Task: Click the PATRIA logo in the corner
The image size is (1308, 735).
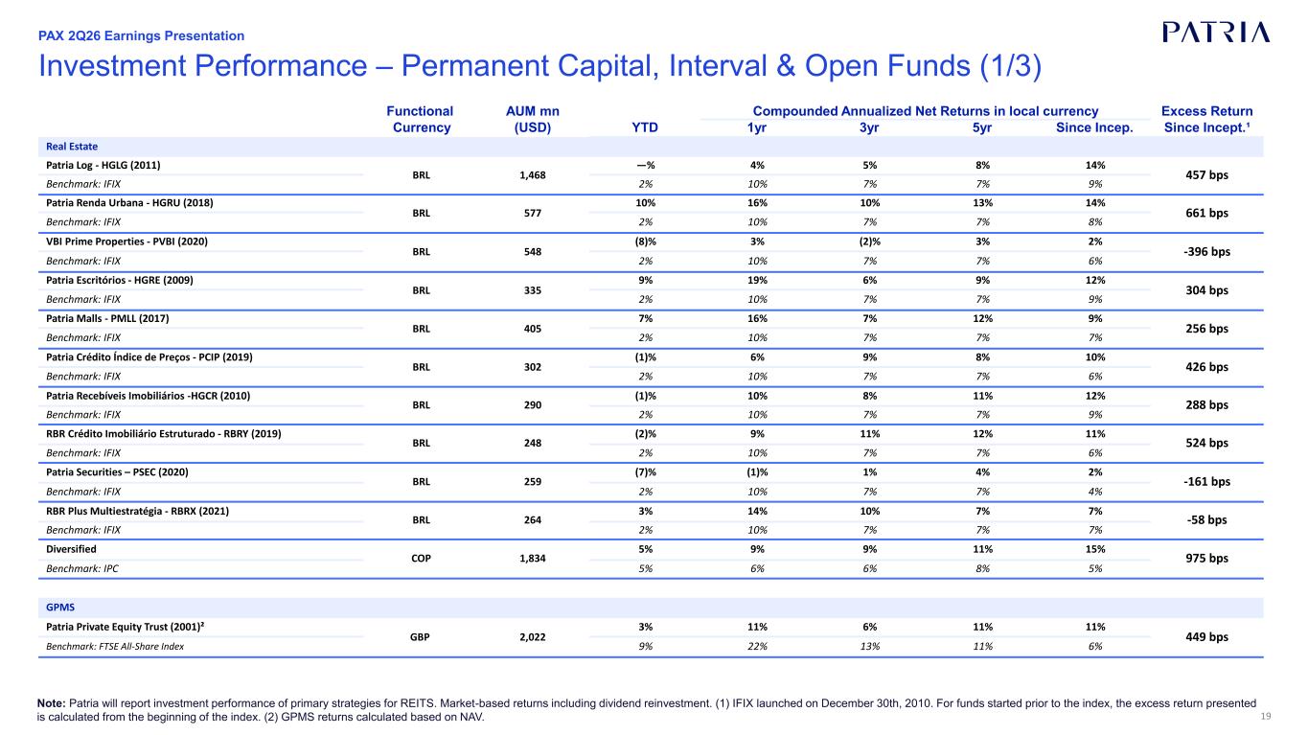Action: (1216, 33)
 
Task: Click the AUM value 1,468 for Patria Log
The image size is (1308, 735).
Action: (533, 175)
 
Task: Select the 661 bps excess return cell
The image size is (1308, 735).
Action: (1206, 213)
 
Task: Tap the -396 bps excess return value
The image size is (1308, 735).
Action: (1206, 252)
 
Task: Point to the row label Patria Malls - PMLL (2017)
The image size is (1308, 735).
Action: (107, 319)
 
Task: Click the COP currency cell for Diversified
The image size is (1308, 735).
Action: (421, 558)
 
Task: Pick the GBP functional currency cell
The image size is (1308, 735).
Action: (420, 637)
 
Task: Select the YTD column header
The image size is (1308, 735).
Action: (645, 127)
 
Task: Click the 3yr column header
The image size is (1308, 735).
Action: (869, 127)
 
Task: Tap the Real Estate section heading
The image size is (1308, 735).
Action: (72, 147)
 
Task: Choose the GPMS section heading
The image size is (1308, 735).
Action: (60, 608)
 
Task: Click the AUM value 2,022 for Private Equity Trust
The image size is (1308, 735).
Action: (533, 637)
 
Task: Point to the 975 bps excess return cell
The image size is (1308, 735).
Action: (1206, 558)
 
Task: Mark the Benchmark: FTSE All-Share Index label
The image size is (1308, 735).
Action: (115, 646)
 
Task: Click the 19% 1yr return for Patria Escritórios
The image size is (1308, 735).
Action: (757, 280)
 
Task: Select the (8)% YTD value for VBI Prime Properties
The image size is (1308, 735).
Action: (645, 241)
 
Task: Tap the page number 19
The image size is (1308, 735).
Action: (1266, 717)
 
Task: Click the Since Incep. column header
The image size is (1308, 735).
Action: (1094, 127)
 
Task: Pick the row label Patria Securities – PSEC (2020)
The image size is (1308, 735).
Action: (117, 472)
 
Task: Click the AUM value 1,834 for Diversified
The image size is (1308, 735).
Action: (533, 558)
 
